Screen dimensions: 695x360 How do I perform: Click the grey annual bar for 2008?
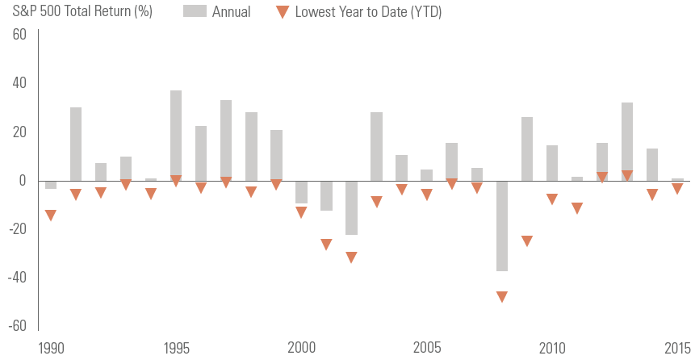(502, 226)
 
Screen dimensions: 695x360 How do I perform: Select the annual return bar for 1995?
(176, 136)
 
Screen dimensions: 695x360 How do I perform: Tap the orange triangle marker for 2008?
(502, 296)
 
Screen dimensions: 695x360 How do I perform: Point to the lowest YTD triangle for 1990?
(51, 215)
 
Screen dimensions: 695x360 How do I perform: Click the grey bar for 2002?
(351, 207)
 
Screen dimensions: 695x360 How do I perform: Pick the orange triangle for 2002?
(351, 257)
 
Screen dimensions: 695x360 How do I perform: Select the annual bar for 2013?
(627, 142)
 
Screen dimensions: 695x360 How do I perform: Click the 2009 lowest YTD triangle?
(527, 241)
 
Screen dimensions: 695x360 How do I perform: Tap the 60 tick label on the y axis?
(19, 35)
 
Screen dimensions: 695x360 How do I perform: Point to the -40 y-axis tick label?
(17, 278)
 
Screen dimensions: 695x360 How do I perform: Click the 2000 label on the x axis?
(301, 348)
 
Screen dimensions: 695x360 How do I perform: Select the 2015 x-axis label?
(678, 348)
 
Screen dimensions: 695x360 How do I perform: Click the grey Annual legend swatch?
(195, 11)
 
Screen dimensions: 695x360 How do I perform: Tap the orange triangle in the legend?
(283, 12)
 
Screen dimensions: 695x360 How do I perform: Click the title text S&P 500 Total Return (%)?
(82, 11)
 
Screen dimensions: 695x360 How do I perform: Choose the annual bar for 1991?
(76, 144)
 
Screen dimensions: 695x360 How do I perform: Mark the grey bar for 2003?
(376, 146)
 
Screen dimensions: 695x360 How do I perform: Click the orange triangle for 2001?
(326, 245)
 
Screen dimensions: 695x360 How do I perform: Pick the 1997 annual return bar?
(226, 140)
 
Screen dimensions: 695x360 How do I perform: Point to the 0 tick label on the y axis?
(23, 181)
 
